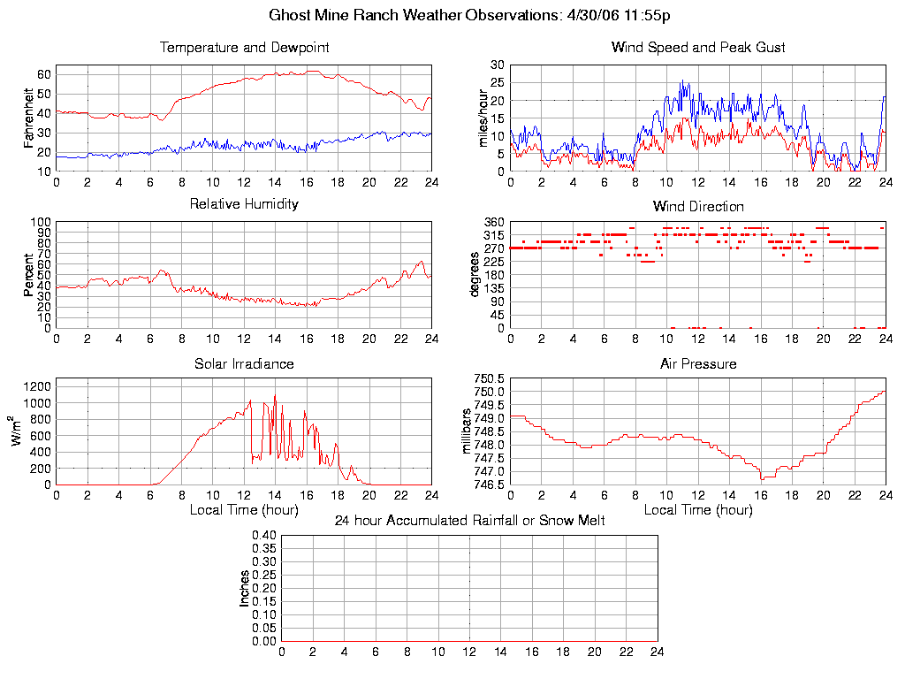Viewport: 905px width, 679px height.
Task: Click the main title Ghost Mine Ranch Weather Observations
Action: coord(469,16)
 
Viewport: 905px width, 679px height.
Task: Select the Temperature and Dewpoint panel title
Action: coord(244,48)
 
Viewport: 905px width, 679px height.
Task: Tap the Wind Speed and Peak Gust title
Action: coord(698,48)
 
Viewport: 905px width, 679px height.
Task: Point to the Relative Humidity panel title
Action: coord(244,204)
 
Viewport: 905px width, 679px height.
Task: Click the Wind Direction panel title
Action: coord(698,206)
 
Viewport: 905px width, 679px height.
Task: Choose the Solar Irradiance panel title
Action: coord(244,363)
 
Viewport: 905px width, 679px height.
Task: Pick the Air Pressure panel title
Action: coord(698,363)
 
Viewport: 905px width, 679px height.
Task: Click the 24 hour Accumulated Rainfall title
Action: coord(469,521)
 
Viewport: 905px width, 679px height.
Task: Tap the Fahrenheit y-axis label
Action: coord(29,118)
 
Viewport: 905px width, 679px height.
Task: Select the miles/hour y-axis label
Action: coord(483,118)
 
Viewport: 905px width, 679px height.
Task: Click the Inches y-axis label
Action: coord(245,588)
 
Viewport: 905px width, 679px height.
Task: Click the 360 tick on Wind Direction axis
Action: coord(494,222)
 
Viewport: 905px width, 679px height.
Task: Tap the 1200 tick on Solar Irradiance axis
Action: coord(38,386)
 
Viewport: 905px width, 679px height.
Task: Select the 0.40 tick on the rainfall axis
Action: coord(264,535)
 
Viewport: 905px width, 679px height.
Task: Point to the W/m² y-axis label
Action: coord(17,431)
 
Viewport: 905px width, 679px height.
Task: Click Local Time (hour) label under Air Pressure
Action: coord(698,509)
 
